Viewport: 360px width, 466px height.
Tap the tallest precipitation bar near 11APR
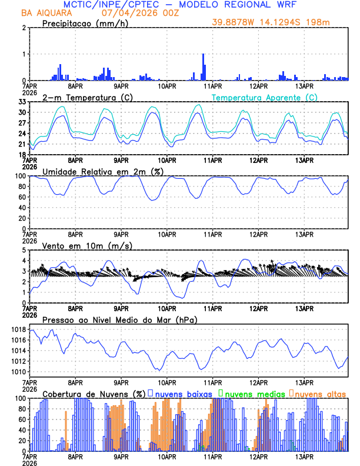point(204,66)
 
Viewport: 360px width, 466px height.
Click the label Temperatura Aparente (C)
point(264,97)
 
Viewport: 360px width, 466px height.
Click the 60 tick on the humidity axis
point(21,197)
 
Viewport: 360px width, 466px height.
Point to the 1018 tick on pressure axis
point(18,329)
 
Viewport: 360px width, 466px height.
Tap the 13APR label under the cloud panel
point(304,456)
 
